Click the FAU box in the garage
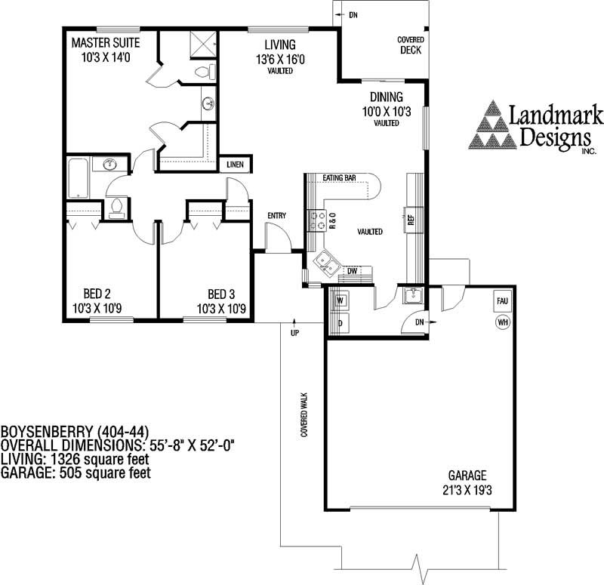click(x=502, y=300)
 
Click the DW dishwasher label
click(x=352, y=270)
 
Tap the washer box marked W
click(x=339, y=300)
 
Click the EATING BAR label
click(x=339, y=178)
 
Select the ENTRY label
click(x=277, y=216)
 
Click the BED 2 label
click(x=98, y=301)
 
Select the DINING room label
click(x=386, y=104)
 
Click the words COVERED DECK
click(x=411, y=45)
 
